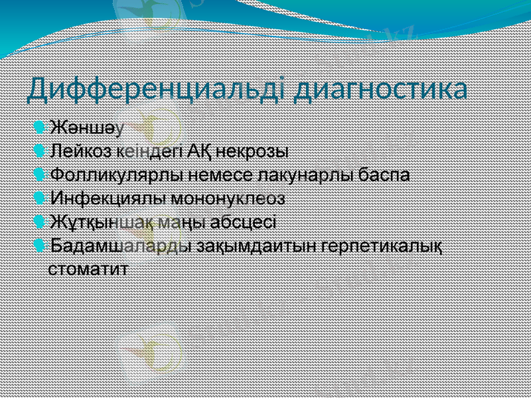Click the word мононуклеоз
click(228, 198)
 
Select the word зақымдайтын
click(256, 245)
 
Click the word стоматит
click(89, 269)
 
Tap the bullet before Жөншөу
click(41, 126)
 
